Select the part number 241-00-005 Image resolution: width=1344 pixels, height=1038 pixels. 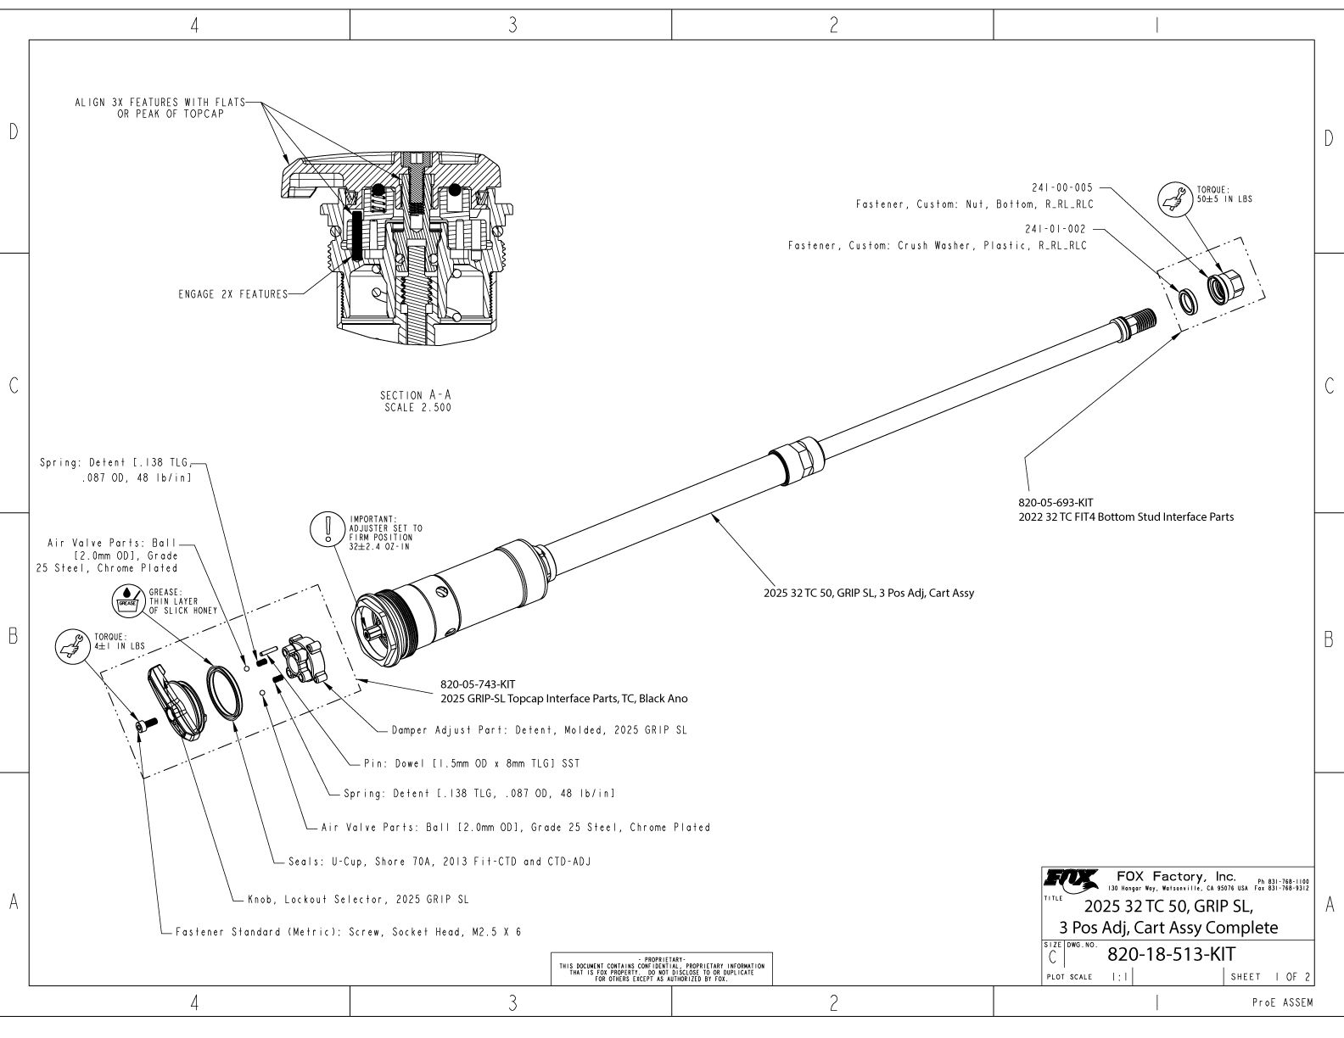[x=1059, y=188]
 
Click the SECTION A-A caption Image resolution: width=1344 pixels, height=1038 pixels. [x=415, y=401]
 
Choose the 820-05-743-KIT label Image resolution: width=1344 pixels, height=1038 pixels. [x=478, y=684]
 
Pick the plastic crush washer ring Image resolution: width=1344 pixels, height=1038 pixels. [x=1186, y=299]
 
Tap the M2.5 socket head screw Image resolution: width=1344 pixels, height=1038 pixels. [x=142, y=725]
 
